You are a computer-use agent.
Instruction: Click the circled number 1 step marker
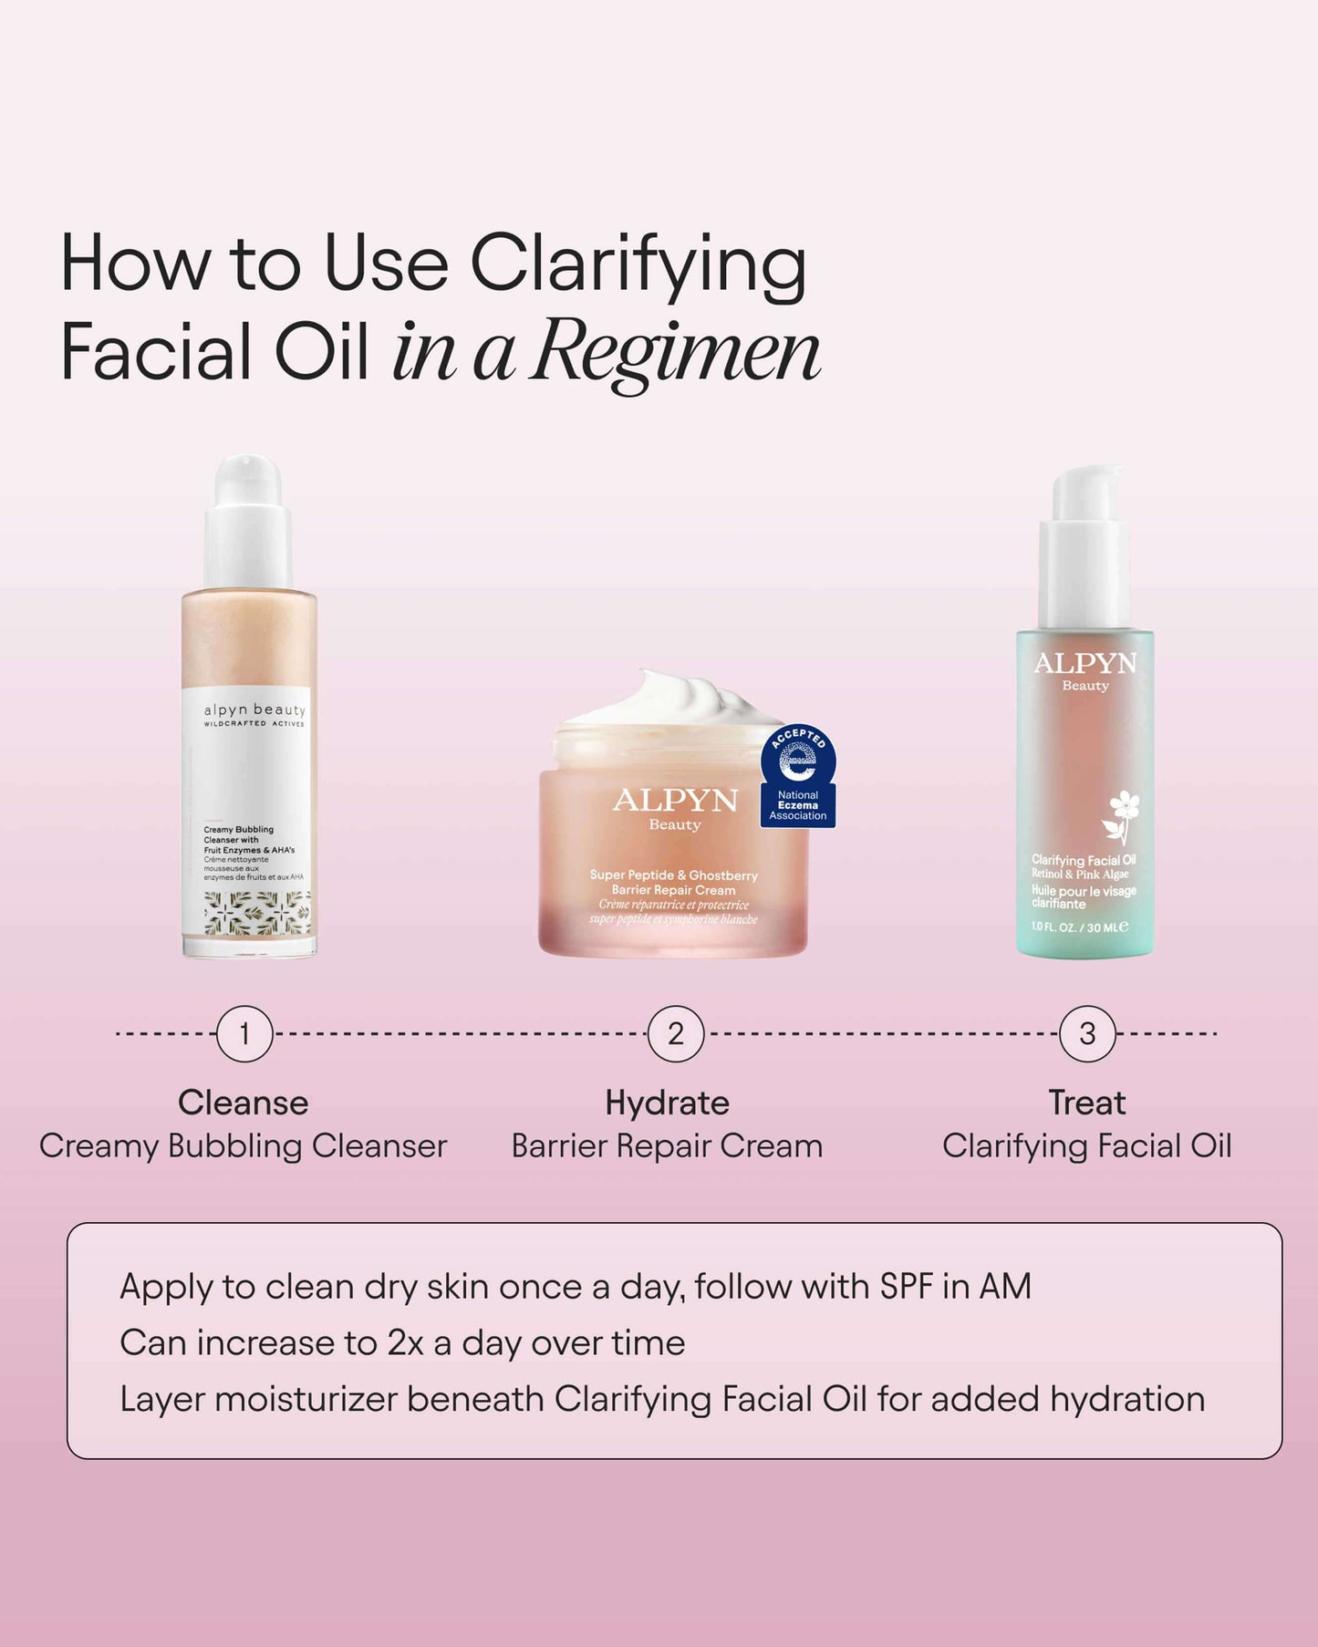point(244,1034)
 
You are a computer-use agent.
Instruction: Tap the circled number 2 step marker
point(675,1034)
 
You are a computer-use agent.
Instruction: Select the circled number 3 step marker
point(1087,1034)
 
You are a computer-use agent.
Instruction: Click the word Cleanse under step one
point(244,1103)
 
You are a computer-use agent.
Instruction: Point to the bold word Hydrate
point(668,1103)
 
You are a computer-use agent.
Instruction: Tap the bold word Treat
point(1087,1103)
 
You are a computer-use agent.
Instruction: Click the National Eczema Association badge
point(798,777)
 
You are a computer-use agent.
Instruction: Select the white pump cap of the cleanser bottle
point(248,520)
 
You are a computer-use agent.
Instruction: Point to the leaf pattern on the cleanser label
point(257,912)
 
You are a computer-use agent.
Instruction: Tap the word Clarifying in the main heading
point(638,265)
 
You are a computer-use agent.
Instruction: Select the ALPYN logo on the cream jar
point(675,802)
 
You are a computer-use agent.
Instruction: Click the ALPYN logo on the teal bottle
point(1085,664)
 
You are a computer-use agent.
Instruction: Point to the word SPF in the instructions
point(906,1287)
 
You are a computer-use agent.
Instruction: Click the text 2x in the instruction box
point(405,1343)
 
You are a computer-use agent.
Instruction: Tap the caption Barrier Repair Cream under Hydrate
point(667,1146)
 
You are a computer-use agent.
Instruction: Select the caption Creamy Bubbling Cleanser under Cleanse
point(244,1146)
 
